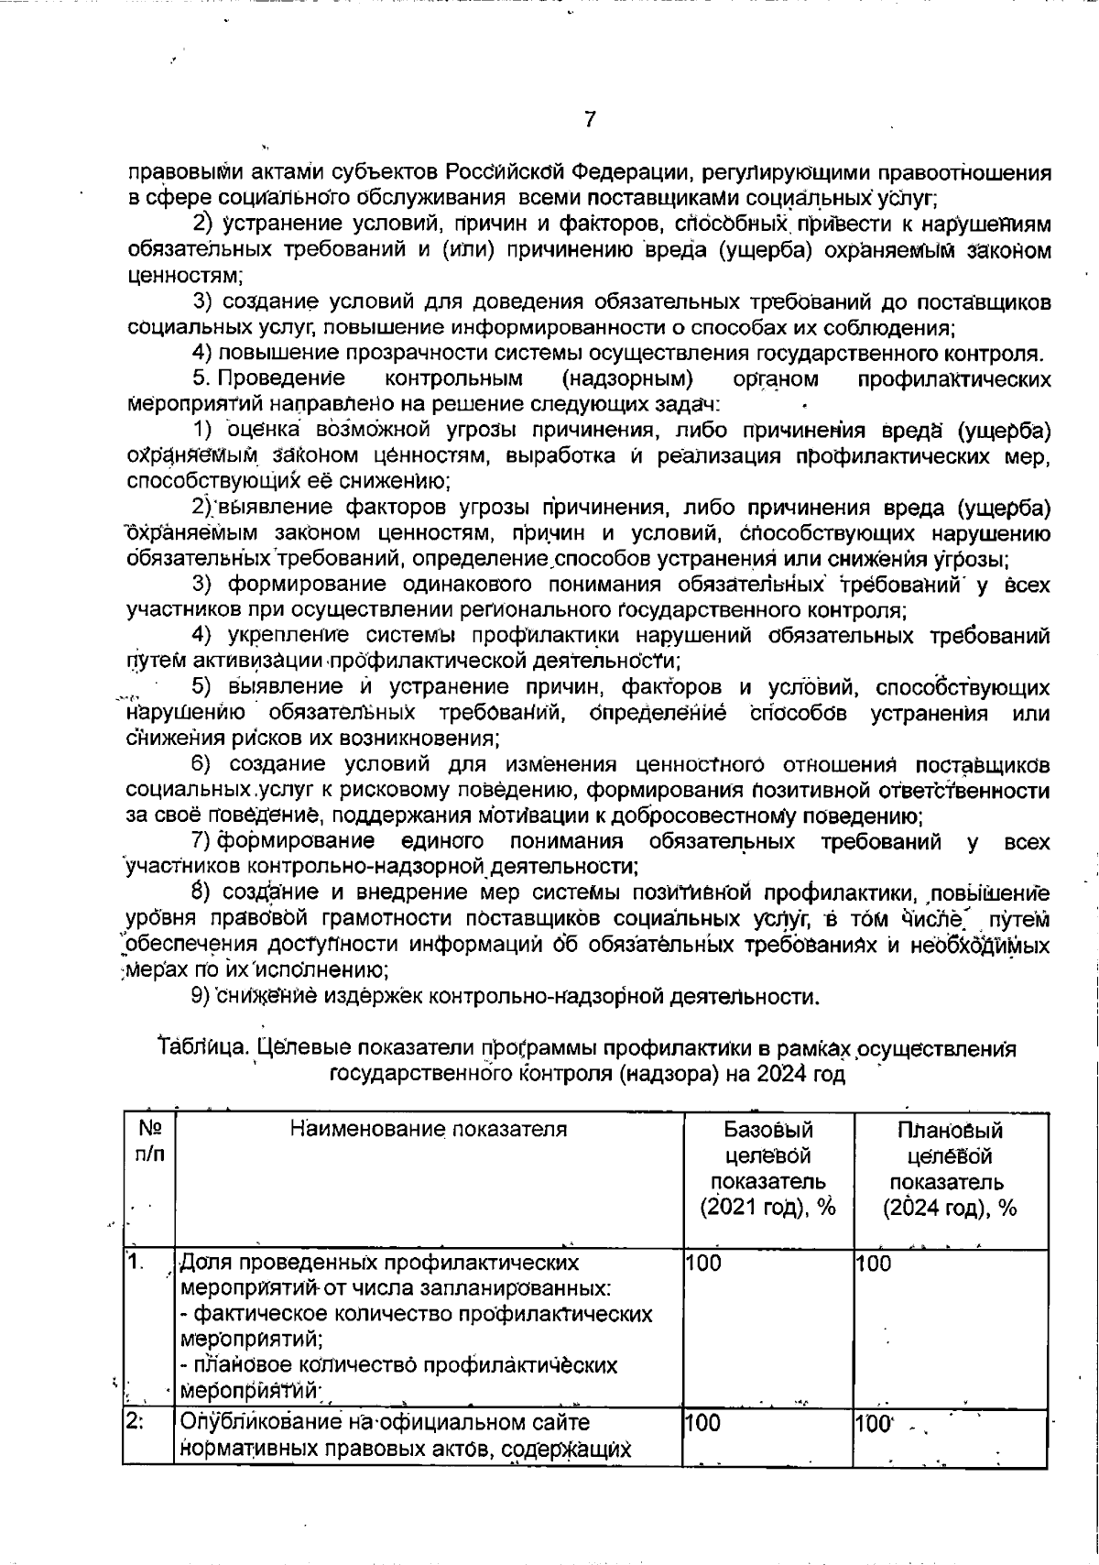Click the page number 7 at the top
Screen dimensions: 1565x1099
click(590, 119)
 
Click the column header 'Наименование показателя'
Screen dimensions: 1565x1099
click(429, 1130)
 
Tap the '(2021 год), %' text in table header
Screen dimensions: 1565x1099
click(767, 1209)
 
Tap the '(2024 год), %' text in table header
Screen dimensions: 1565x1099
click(950, 1209)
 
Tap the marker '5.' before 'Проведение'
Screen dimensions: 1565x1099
click(202, 378)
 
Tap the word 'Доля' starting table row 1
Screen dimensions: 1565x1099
click(201, 1264)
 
